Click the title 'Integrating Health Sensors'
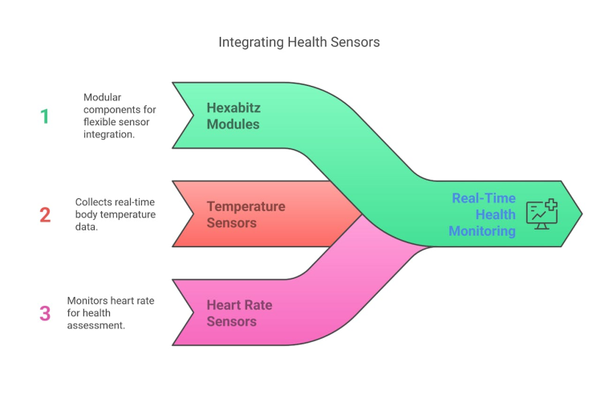tap(299, 42)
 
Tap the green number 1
tap(45, 116)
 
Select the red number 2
tap(45, 215)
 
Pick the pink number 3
tap(45, 313)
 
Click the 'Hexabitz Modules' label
tap(233, 116)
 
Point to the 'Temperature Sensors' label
tap(245, 214)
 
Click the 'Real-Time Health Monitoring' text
tap(483, 214)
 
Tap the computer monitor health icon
tap(541, 214)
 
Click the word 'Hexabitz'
tap(233, 108)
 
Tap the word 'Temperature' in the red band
tap(245, 206)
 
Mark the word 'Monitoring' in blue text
tap(482, 231)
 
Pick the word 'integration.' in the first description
tap(110, 134)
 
